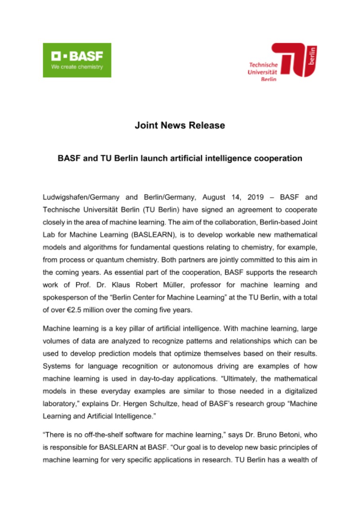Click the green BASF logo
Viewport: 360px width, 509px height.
(x=77, y=60)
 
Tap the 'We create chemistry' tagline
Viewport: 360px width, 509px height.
(x=77, y=67)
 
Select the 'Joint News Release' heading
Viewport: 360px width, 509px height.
(x=180, y=126)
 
